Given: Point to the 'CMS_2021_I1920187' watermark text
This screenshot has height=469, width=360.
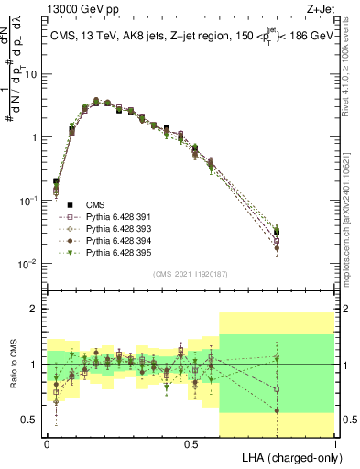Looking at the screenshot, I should (x=191, y=274).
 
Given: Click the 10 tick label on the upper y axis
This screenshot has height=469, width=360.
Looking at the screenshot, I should (x=32, y=74).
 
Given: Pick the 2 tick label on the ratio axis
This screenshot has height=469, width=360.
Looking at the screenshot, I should (x=36, y=310).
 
